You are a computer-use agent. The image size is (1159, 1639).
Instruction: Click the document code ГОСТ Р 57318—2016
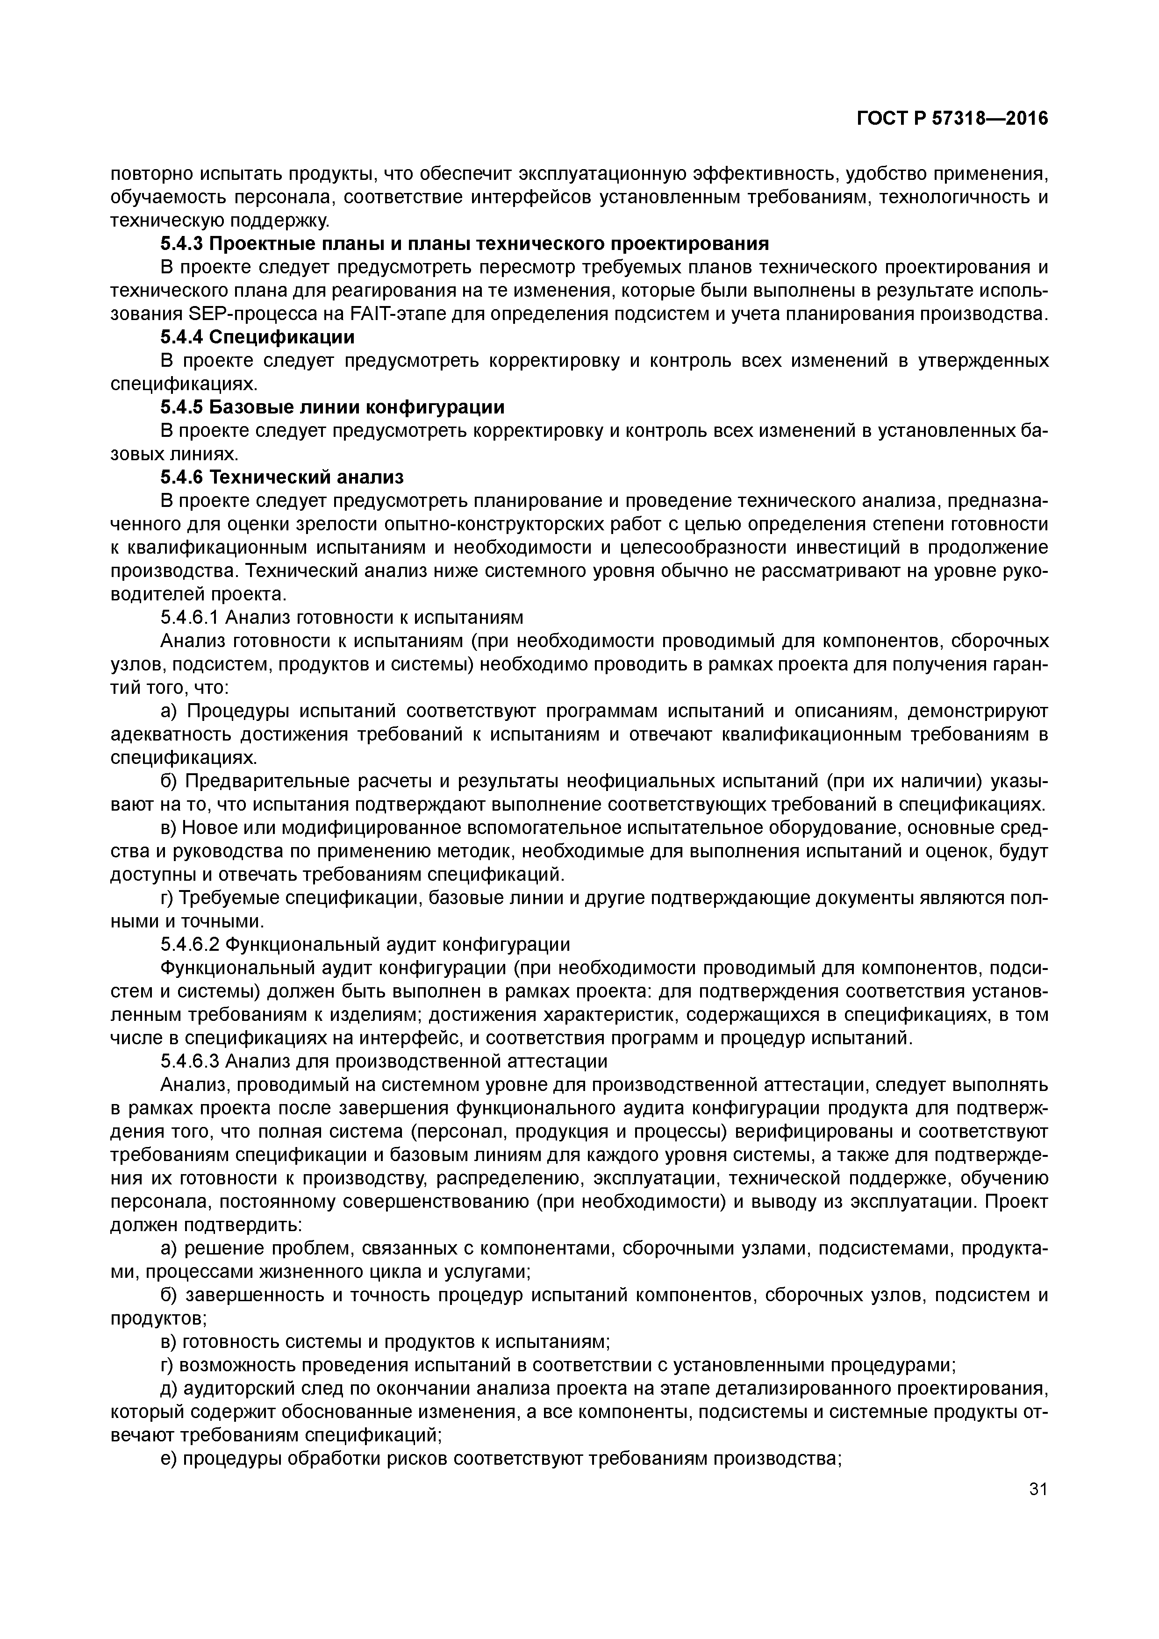(952, 119)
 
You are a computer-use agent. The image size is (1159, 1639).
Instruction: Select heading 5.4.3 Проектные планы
(464, 244)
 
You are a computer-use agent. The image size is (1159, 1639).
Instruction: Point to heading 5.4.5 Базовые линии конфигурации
(332, 407)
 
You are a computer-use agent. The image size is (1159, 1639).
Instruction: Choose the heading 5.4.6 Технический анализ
(282, 477)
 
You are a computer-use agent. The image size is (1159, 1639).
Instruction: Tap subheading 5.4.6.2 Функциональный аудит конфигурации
(365, 944)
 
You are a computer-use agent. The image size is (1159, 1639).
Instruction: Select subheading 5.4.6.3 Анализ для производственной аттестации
(384, 1062)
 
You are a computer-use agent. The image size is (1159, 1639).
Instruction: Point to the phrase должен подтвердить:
(207, 1225)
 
